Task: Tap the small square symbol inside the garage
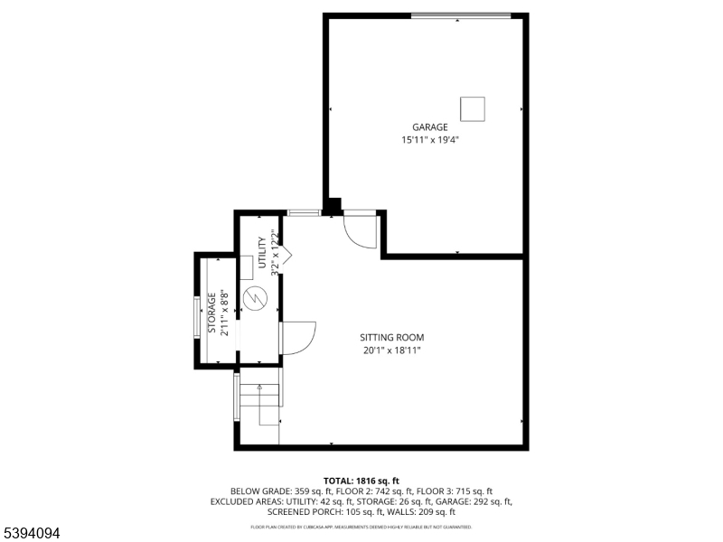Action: click(473, 108)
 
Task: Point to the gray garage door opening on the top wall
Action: click(461, 15)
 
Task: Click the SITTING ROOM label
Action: click(393, 338)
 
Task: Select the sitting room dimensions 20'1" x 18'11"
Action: click(393, 350)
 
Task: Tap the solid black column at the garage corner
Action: click(333, 207)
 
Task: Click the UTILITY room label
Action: click(263, 253)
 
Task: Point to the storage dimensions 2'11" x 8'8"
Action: click(224, 313)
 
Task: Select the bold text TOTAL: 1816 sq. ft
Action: click(361, 481)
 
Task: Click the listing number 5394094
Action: click(31, 534)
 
